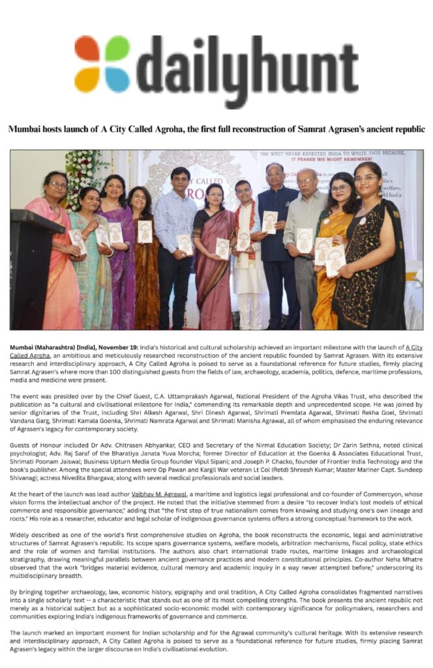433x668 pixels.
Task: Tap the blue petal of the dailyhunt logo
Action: [118, 79]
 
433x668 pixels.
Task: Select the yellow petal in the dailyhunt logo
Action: [87, 79]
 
